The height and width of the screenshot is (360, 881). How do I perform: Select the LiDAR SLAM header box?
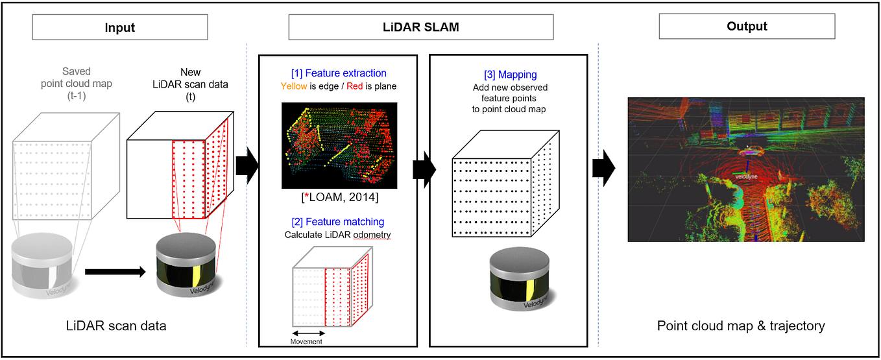pos(420,28)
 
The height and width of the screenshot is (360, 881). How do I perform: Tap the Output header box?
pos(747,27)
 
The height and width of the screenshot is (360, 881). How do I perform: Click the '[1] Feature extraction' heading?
pos(338,73)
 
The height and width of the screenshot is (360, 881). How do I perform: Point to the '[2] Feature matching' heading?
pos(338,222)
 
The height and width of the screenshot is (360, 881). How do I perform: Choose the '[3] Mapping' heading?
pos(511,75)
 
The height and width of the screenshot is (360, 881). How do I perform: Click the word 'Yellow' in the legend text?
pos(293,86)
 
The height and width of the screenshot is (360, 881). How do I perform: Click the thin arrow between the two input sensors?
pos(115,272)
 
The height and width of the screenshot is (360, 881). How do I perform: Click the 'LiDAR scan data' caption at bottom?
pos(115,326)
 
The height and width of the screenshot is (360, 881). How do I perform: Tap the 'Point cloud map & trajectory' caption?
pos(741,326)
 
